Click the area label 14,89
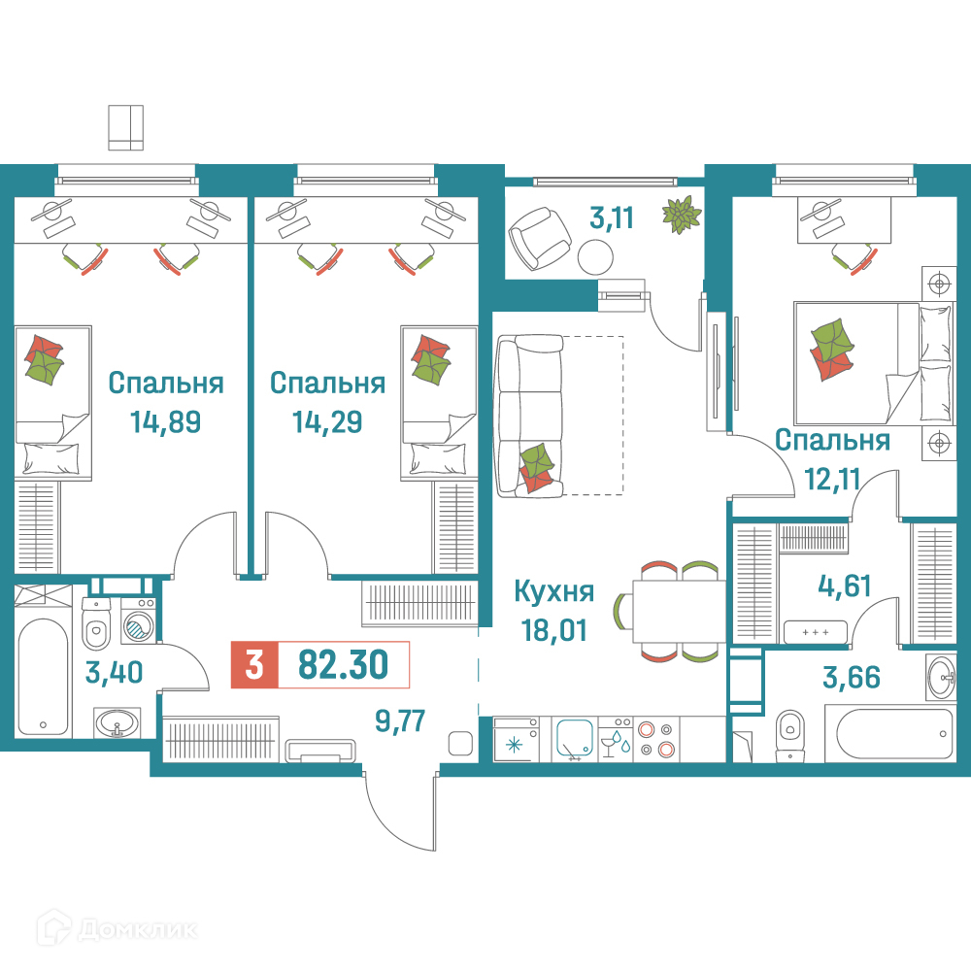(165, 421)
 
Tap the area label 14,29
(327, 421)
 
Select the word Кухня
(554, 592)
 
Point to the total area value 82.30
(343, 664)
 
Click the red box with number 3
(254, 665)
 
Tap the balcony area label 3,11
(612, 218)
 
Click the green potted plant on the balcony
(682, 215)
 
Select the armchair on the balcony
(539, 238)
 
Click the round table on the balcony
(596, 257)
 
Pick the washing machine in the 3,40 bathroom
(138, 623)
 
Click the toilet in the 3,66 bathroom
(789, 735)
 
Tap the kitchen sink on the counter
(575, 739)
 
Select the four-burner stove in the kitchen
(656, 739)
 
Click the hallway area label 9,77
(400, 720)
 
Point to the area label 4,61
(845, 586)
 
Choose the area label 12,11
(832, 479)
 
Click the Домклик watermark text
(139, 929)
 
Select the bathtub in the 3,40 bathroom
(43, 676)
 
